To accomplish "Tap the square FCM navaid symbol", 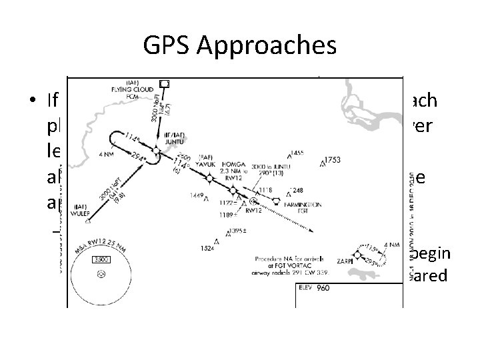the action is [165, 84].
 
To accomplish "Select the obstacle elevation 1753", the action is [331, 161].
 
